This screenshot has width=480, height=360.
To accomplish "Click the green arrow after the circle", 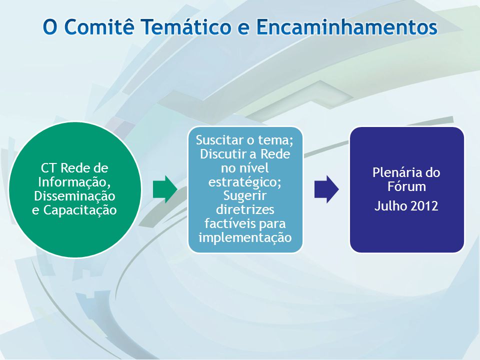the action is click(x=165, y=189).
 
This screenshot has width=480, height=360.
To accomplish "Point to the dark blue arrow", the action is click(x=326, y=189).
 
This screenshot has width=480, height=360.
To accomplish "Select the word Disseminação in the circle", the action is click(x=74, y=196).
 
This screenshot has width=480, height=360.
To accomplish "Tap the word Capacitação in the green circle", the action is click(x=80, y=210).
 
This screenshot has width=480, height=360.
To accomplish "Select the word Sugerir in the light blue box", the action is click(x=245, y=196).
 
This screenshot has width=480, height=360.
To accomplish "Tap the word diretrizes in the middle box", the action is click(x=245, y=209).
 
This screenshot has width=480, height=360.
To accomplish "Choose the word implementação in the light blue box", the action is click(x=245, y=238).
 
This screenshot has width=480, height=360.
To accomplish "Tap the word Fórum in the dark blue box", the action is click(x=406, y=186).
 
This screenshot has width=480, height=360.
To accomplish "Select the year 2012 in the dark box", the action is click(x=424, y=206).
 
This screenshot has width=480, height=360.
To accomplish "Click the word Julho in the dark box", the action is click(x=391, y=206).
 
